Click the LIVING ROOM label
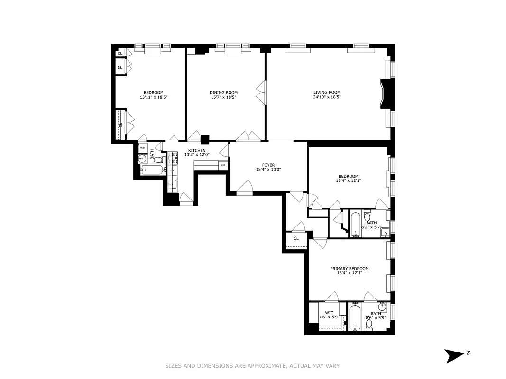click(x=327, y=92)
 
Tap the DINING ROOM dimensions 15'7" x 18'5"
click(x=223, y=97)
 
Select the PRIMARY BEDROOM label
click(x=349, y=269)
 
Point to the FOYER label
click(x=268, y=165)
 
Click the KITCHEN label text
click(x=197, y=150)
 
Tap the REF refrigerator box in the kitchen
click(x=223, y=165)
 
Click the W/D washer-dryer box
click(x=142, y=147)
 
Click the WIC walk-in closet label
click(x=329, y=313)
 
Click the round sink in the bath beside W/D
click(x=142, y=159)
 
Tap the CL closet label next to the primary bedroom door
click(x=296, y=238)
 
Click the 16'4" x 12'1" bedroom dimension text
click(x=348, y=180)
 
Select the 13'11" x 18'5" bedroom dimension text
click(x=154, y=97)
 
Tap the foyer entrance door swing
click(x=245, y=187)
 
